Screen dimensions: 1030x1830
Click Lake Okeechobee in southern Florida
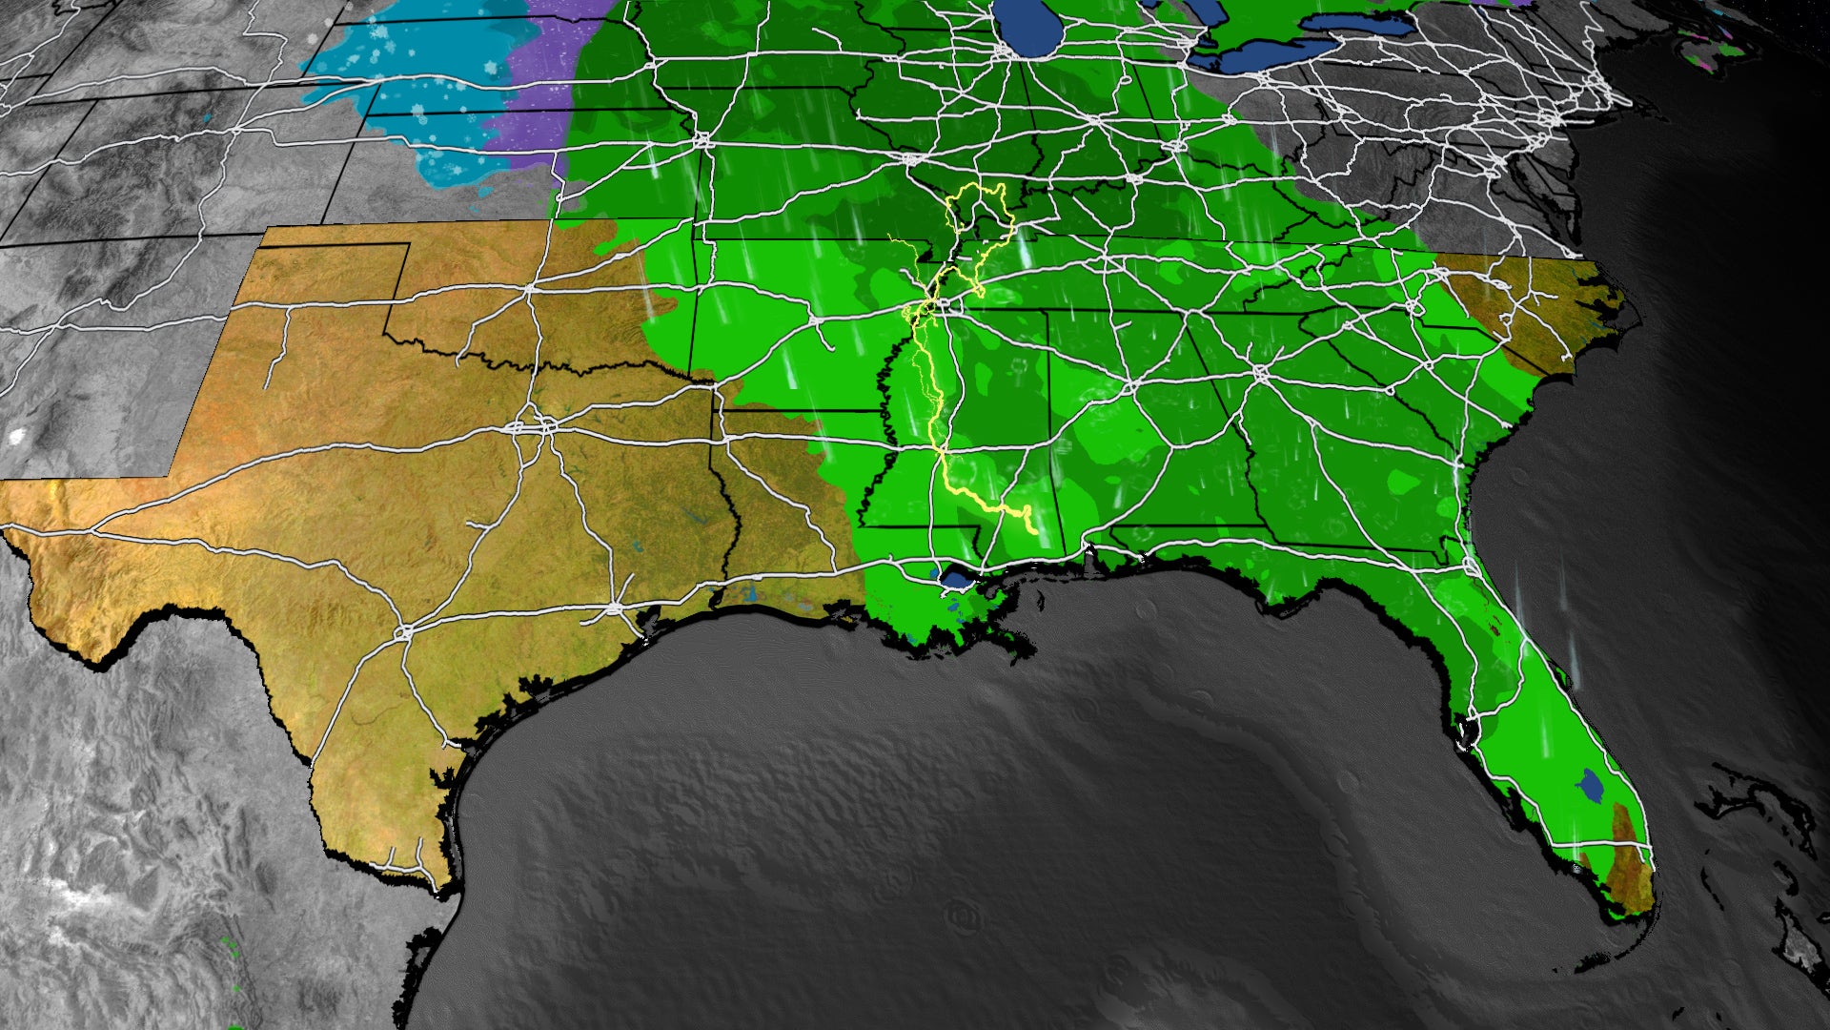[1591, 784]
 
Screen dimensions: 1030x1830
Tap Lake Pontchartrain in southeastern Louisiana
[954, 577]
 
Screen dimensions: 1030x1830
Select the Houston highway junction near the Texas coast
[613, 607]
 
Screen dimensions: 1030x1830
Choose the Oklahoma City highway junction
[529, 288]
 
